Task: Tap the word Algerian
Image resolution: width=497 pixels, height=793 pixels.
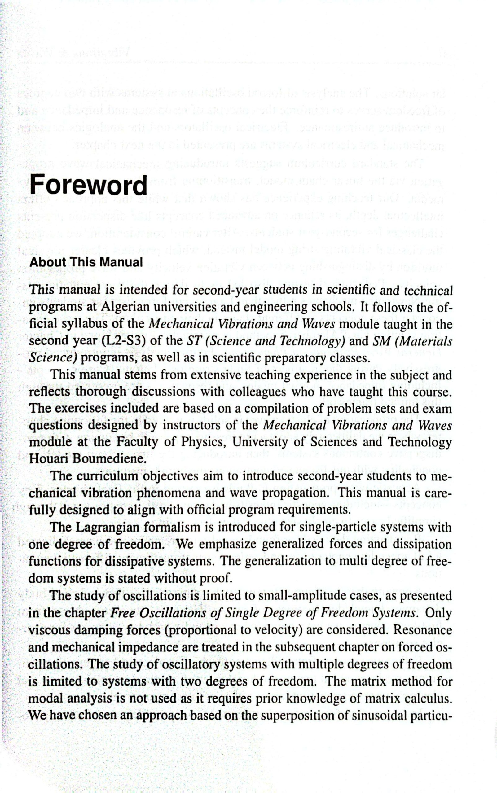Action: (x=124, y=307)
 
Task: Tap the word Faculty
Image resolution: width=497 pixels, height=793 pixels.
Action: (x=137, y=442)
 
